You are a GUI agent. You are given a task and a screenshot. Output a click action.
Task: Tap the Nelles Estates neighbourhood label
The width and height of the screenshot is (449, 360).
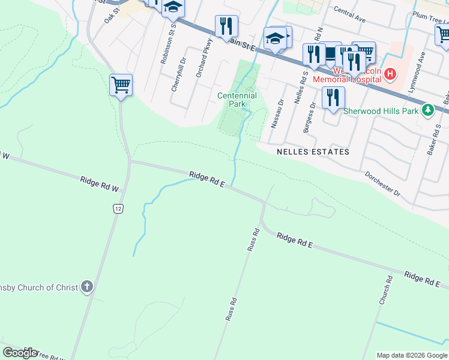[313, 152]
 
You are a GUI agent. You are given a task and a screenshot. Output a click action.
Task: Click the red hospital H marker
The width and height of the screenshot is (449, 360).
[390, 74]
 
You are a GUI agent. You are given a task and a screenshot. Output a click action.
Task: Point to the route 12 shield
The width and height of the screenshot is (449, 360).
[118, 208]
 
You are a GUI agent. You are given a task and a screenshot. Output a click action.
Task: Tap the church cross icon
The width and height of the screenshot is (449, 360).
[87, 287]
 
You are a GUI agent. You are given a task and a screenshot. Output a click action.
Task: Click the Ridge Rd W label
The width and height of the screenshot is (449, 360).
[100, 184]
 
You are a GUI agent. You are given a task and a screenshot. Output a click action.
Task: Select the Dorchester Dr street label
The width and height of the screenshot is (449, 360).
[382, 184]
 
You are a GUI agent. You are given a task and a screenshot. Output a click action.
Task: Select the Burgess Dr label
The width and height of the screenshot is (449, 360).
[309, 116]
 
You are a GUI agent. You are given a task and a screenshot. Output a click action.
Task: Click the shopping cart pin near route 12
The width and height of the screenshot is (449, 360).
[121, 86]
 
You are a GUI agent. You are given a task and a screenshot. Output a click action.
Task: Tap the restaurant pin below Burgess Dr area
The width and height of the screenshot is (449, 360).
[333, 97]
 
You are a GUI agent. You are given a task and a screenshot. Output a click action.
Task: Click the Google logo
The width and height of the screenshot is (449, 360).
[20, 353]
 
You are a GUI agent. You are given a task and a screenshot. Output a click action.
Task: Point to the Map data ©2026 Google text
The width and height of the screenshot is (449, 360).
[412, 355]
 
